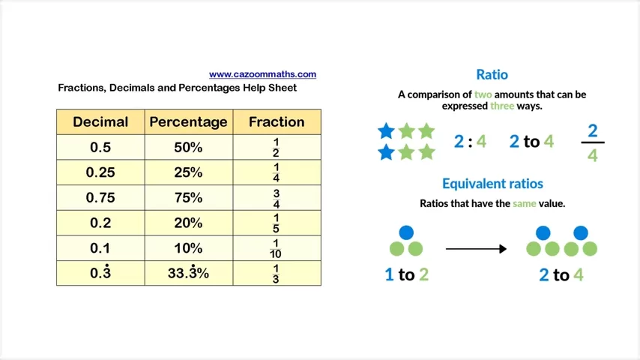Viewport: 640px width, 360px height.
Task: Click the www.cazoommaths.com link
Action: (262, 74)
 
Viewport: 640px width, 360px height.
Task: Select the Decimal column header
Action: (100, 121)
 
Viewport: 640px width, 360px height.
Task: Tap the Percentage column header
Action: (189, 121)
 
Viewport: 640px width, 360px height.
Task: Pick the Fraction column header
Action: (277, 121)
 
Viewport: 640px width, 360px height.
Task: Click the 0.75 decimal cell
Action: (100, 198)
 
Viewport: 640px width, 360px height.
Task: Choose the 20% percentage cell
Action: (189, 223)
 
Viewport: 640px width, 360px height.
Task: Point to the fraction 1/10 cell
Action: (277, 248)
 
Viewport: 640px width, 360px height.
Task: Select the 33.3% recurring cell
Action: (189, 273)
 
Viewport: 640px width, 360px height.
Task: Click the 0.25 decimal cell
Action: (100, 172)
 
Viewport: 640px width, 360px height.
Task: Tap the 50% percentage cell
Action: (189, 147)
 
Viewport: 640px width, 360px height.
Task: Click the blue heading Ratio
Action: (492, 74)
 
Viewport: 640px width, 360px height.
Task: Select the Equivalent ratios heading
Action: (492, 184)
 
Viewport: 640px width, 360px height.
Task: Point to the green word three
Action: (502, 106)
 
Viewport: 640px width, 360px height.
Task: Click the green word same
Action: (525, 203)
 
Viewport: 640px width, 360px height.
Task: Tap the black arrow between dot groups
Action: (476, 249)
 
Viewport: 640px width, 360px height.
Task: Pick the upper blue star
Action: (386, 131)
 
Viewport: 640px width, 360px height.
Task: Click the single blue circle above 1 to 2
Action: (406, 232)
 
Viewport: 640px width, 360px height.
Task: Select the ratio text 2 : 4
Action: (470, 142)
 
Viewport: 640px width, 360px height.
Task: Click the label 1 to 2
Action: (406, 274)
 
